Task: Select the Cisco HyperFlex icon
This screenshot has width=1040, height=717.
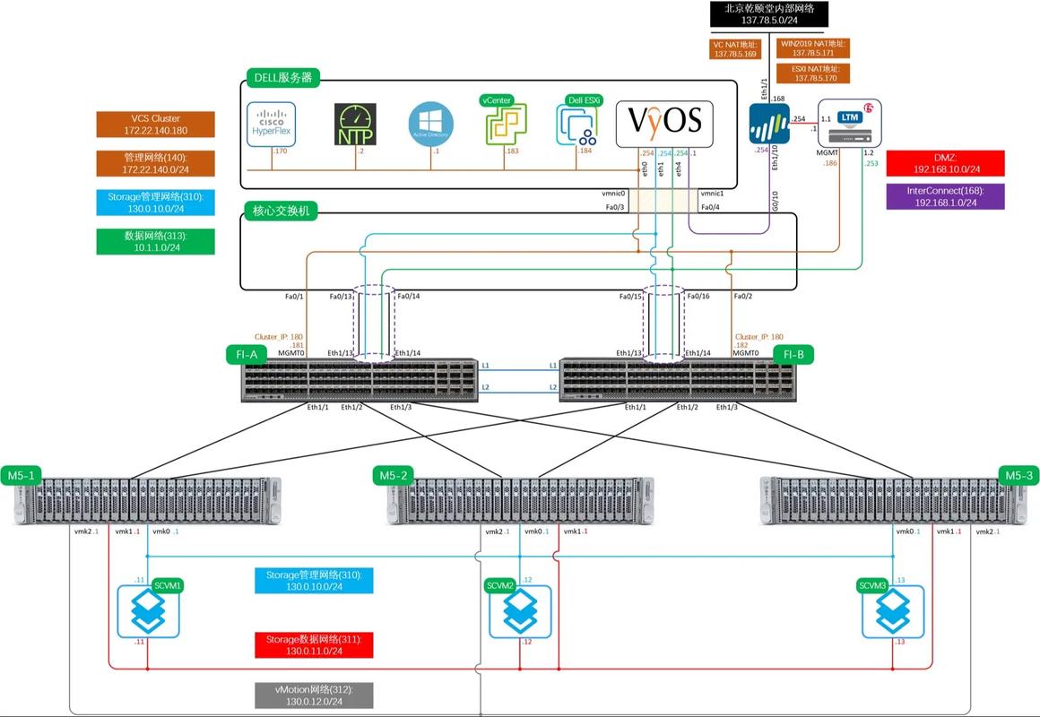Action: click(x=271, y=124)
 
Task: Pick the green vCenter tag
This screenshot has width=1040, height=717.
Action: click(x=495, y=100)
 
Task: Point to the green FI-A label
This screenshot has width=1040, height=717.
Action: click(x=247, y=355)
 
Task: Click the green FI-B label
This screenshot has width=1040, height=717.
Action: click(x=793, y=355)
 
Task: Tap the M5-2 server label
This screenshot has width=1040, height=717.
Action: click(x=394, y=476)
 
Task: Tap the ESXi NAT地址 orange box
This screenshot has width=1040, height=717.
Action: click(x=815, y=73)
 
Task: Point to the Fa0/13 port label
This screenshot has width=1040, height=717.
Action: click(x=342, y=297)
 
